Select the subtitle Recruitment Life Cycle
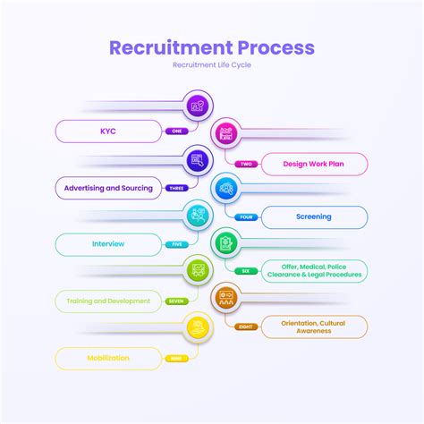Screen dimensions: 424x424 (x=212, y=66)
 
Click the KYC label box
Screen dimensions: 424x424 (x=108, y=131)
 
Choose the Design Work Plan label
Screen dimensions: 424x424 (x=313, y=164)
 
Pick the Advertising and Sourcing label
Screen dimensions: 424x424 (x=108, y=189)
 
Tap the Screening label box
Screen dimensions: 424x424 (x=313, y=216)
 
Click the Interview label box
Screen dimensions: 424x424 (x=108, y=243)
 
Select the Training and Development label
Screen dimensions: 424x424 (x=108, y=301)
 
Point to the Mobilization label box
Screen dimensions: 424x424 (x=108, y=358)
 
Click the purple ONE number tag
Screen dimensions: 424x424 (x=176, y=131)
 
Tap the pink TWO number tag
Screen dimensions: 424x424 (x=246, y=164)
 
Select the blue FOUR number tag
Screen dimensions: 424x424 (x=246, y=216)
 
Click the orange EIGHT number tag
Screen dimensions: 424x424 (x=246, y=326)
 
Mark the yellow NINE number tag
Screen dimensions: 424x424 (x=176, y=358)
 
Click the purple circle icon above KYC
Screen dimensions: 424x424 (x=199, y=106)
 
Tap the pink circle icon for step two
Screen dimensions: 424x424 (x=226, y=134)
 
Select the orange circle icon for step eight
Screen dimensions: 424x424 (x=226, y=296)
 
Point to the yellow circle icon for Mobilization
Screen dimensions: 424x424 (x=199, y=327)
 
